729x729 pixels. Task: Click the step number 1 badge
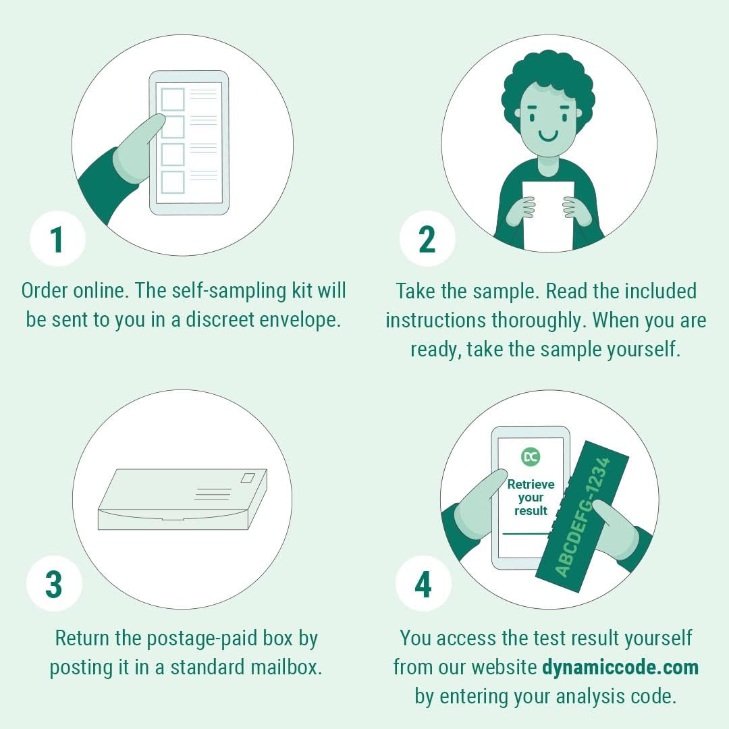click(57, 239)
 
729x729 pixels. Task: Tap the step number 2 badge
click(427, 239)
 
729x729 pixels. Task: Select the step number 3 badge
click(54, 585)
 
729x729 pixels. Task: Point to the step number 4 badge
click(423, 585)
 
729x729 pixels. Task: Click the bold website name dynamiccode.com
click(620, 668)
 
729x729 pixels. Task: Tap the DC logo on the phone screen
click(531, 457)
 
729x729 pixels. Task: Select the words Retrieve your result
click(531, 497)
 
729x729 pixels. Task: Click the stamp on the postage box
click(248, 478)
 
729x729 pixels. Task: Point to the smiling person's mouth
click(548, 136)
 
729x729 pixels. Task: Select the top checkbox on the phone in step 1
click(173, 99)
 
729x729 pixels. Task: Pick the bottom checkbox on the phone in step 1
click(173, 182)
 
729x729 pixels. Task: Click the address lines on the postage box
click(213, 494)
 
